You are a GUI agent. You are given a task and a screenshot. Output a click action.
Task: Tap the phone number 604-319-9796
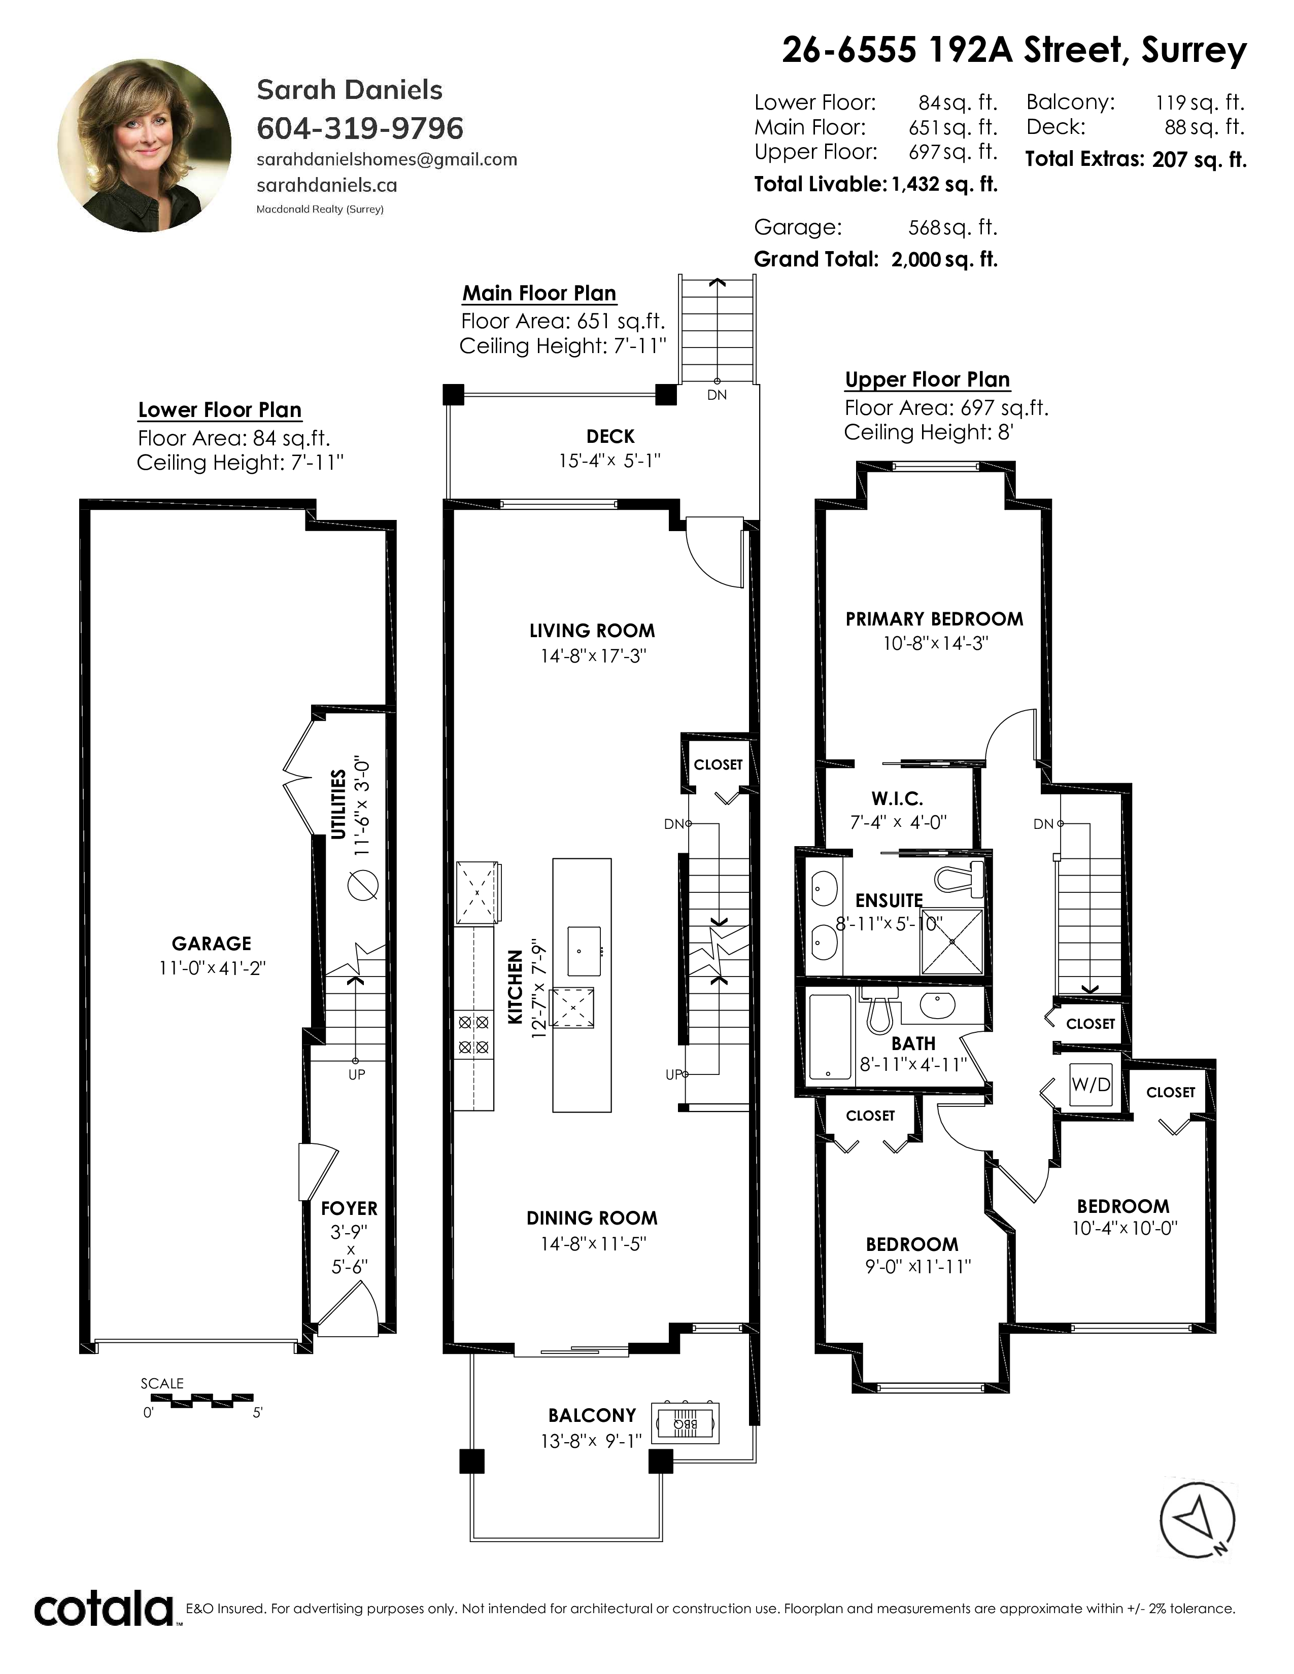coord(360,128)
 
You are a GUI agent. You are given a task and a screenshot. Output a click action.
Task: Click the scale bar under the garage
coord(212,1401)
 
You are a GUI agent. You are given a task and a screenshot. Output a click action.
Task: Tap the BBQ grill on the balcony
coord(686,1423)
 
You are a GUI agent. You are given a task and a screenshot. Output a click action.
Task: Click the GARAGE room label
coord(212,944)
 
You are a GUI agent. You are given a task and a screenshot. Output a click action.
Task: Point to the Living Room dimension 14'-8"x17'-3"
coord(593,656)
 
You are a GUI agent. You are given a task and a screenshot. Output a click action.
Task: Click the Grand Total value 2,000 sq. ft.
coord(944,260)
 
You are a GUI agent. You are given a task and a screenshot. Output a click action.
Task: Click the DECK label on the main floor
coord(610,437)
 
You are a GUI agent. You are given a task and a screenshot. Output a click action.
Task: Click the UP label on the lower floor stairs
coord(356,1074)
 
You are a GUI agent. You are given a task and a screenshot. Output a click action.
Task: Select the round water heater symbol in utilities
coord(363,886)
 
